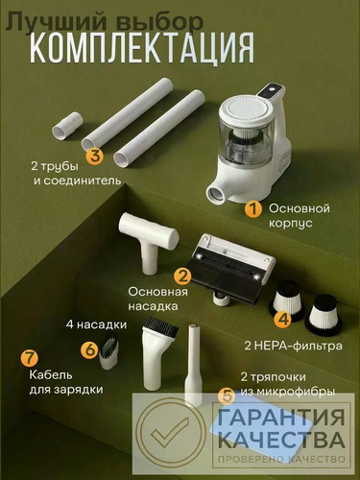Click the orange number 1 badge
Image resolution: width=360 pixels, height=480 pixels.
(253, 210)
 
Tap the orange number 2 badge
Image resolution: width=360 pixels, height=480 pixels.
(182, 276)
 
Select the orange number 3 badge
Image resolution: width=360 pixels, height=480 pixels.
(95, 156)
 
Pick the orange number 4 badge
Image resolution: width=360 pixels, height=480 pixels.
(283, 320)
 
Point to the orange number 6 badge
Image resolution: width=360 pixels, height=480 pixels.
(90, 349)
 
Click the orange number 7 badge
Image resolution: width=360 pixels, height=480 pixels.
(30, 358)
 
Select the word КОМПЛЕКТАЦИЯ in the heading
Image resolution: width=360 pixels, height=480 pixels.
(142, 47)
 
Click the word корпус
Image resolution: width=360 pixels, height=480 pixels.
(290, 223)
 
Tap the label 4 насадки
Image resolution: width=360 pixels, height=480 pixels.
(96, 324)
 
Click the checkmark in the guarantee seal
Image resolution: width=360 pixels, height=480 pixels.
(170, 434)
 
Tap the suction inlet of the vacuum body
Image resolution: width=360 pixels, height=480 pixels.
(215, 195)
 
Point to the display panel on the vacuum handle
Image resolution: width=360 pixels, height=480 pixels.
(272, 92)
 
